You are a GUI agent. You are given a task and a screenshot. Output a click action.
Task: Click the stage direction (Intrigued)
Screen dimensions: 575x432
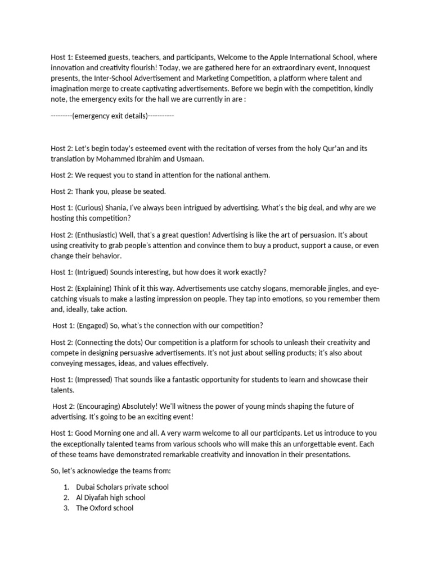92,272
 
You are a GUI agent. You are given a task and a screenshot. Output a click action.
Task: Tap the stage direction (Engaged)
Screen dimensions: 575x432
93,326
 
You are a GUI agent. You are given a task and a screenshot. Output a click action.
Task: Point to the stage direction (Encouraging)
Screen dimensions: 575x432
102,407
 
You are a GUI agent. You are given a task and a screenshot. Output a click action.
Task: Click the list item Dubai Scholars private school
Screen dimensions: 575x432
122,487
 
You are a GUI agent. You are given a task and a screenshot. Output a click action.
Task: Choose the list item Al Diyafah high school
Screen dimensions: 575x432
110,498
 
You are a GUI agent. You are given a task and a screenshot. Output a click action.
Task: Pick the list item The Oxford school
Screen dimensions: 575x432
105,508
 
